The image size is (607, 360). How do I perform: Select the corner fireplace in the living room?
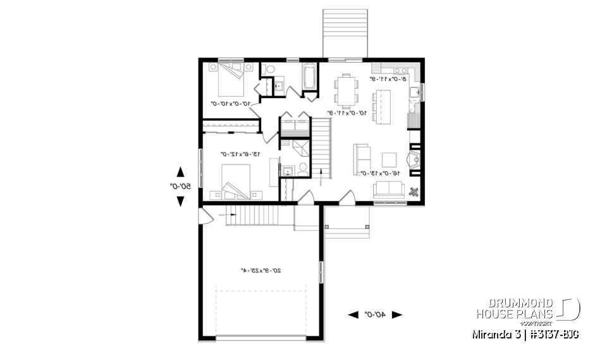pyautogui.click(x=414, y=160)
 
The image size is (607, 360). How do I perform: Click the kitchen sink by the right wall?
pyautogui.click(x=415, y=94)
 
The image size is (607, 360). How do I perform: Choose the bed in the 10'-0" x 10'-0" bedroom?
pyautogui.click(x=230, y=75)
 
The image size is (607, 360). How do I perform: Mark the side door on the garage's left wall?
pyautogui.click(x=204, y=218)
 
